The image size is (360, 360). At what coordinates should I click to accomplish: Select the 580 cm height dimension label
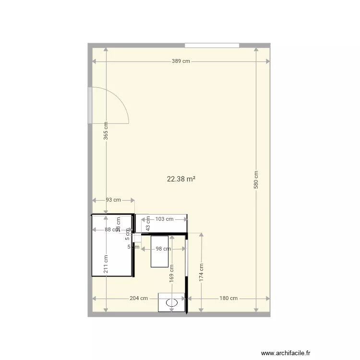pyautogui.click(x=256, y=179)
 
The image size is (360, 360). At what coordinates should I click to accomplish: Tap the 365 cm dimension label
pyautogui.click(x=106, y=130)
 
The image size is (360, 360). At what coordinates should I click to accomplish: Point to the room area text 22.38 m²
pyautogui.click(x=181, y=179)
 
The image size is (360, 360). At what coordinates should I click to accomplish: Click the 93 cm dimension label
pyautogui.click(x=114, y=200)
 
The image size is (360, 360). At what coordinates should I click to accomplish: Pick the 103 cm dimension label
pyautogui.click(x=165, y=219)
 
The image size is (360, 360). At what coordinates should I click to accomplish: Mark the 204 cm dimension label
pyautogui.click(x=138, y=298)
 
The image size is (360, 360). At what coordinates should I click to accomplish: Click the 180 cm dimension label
pyautogui.click(x=229, y=298)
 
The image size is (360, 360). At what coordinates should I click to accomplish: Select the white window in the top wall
pyautogui.click(x=212, y=46)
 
